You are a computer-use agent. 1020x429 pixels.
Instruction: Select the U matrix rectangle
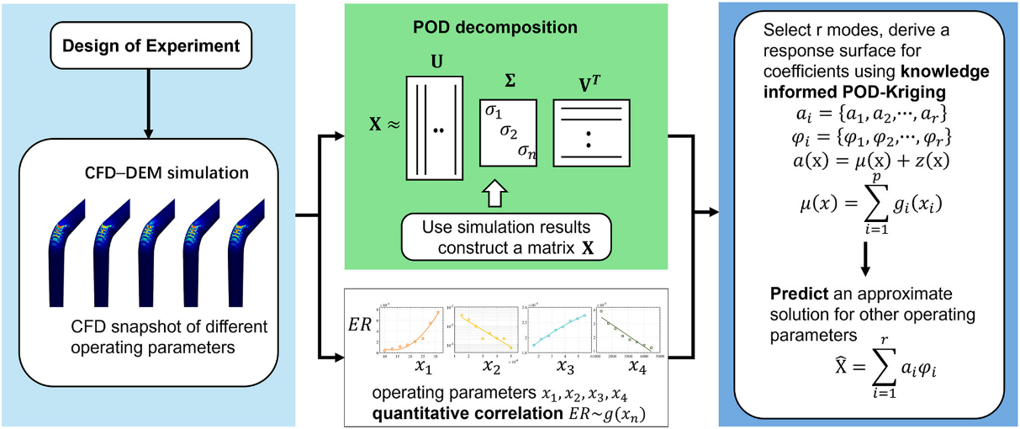(434, 128)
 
